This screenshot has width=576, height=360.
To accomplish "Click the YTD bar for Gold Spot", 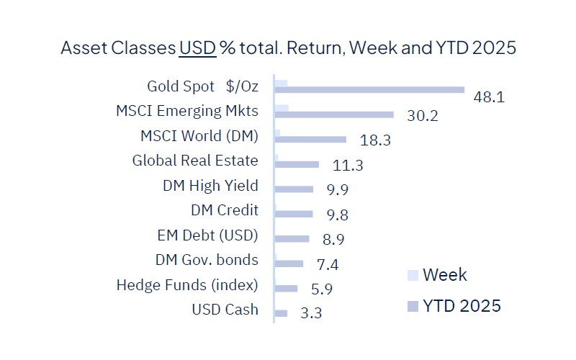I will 369,90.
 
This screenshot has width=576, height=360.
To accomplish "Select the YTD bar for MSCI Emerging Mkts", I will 334,114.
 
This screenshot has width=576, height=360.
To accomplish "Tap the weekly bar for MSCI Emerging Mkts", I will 282,108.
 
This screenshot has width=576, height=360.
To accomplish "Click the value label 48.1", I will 489,96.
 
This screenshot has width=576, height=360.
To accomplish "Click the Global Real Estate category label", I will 194,161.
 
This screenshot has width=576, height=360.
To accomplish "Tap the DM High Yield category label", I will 210,186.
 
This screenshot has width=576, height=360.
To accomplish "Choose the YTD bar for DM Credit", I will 294,214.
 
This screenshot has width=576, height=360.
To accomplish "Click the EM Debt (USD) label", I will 207,235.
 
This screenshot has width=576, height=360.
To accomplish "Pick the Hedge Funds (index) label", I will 186,285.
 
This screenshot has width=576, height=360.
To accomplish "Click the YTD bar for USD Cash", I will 281,313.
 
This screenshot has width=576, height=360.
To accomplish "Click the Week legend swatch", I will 413,275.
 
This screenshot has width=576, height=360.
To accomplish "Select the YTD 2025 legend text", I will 462,306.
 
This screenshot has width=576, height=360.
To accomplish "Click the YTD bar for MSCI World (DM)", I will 310,140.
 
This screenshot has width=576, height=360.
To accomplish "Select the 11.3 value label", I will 348,166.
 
